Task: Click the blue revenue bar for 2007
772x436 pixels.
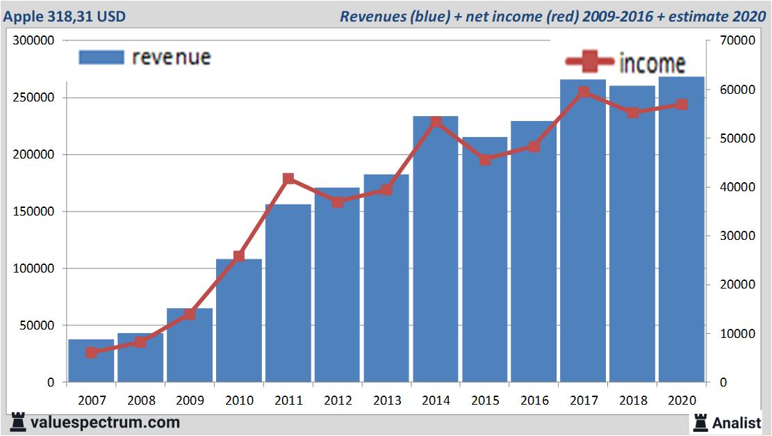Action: pyautogui.click(x=91, y=362)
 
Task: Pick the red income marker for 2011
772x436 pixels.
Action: pyautogui.click(x=288, y=179)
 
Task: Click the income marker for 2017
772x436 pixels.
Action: pyautogui.click(x=584, y=92)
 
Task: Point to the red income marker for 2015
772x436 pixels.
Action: pyautogui.click(x=485, y=160)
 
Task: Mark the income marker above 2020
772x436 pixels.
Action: pyautogui.click(x=682, y=104)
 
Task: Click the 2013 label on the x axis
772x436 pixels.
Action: pyautogui.click(x=386, y=401)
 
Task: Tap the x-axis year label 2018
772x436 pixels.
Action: pyautogui.click(x=632, y=401)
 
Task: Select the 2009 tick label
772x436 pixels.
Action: pyautogui.click(x=190, y=401)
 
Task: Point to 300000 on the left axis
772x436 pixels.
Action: pyautogui.click(x=33, y=41)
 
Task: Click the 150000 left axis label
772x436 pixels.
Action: pyautogui.click(x=33, y=211)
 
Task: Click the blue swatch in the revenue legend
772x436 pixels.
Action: pyautogui.click(x=101, y=57)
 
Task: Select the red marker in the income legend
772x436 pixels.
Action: pyautogui.click(x=590, y=63)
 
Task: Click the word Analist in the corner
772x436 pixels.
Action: pyautogui.click(x=736, y=422)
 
